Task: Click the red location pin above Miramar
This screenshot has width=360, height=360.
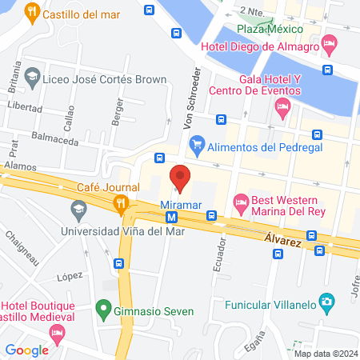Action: (180, 177)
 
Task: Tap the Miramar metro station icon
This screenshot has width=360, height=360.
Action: (171, 216)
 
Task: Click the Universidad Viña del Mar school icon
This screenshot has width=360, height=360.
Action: (78, 211)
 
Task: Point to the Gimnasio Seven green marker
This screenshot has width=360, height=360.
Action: (102, 308)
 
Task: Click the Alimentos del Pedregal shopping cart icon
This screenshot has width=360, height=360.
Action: (196, 145)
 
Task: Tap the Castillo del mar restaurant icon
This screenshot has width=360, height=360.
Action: (32, 13)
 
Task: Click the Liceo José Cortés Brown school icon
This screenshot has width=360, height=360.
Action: (32, 78)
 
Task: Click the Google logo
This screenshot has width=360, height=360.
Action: (26, 350)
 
